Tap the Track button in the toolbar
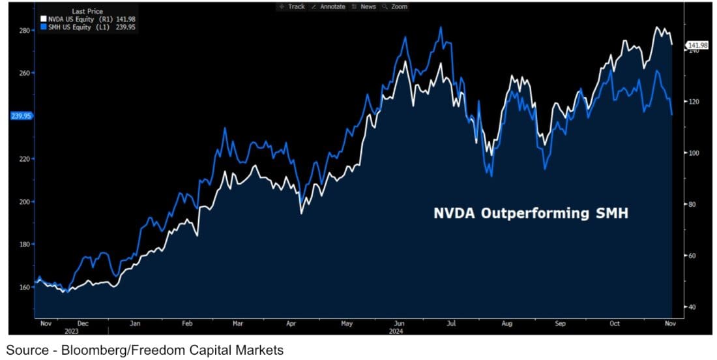point(292,7)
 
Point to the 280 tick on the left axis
point(25,30)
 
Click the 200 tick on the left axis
point(25,202)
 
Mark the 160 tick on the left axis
point(25,287)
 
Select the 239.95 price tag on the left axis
point(20,115)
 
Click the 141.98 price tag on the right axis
point(697,45)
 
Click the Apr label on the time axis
point(291,323)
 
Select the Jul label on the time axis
point(450,323)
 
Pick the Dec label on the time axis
point(83,323)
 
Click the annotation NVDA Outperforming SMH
point(531,213)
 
